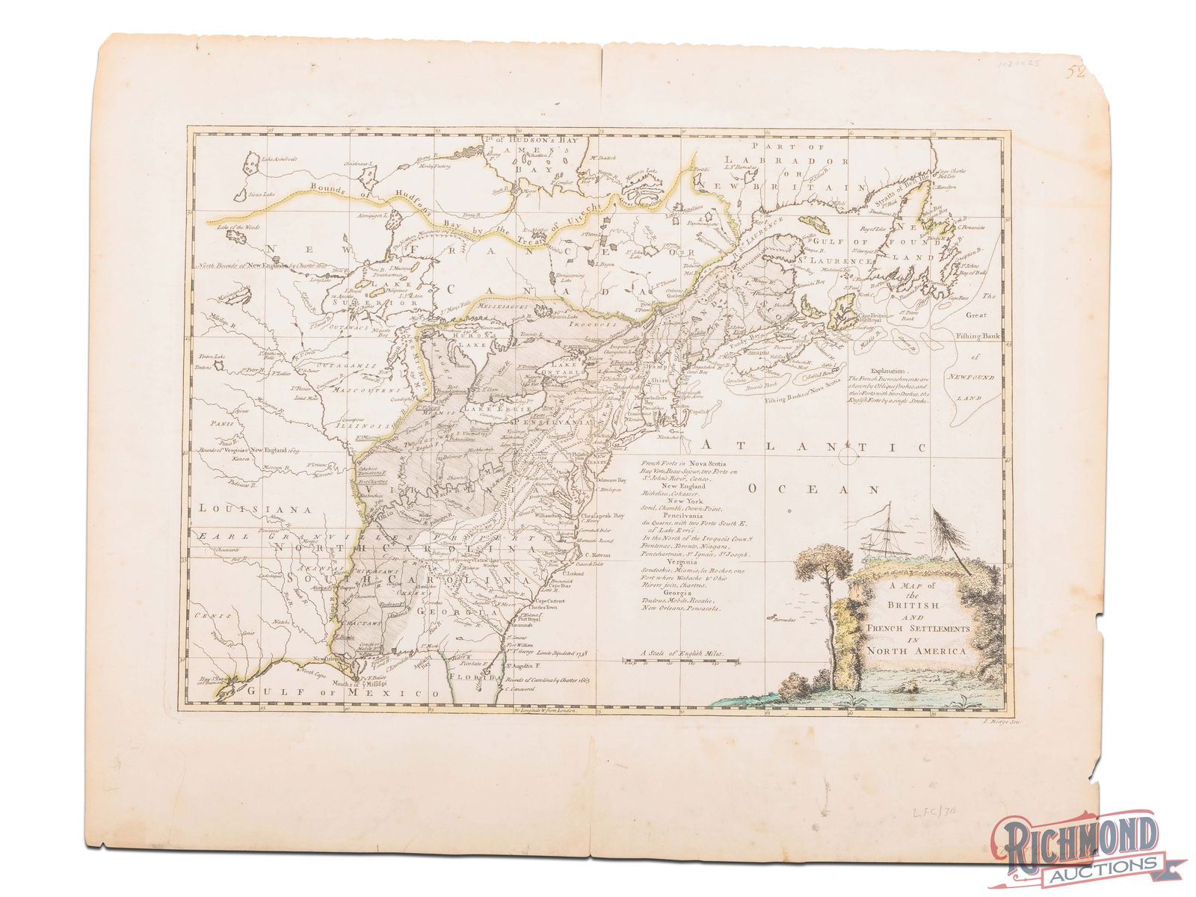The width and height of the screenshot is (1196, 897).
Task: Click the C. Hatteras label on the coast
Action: click(597, 556)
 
